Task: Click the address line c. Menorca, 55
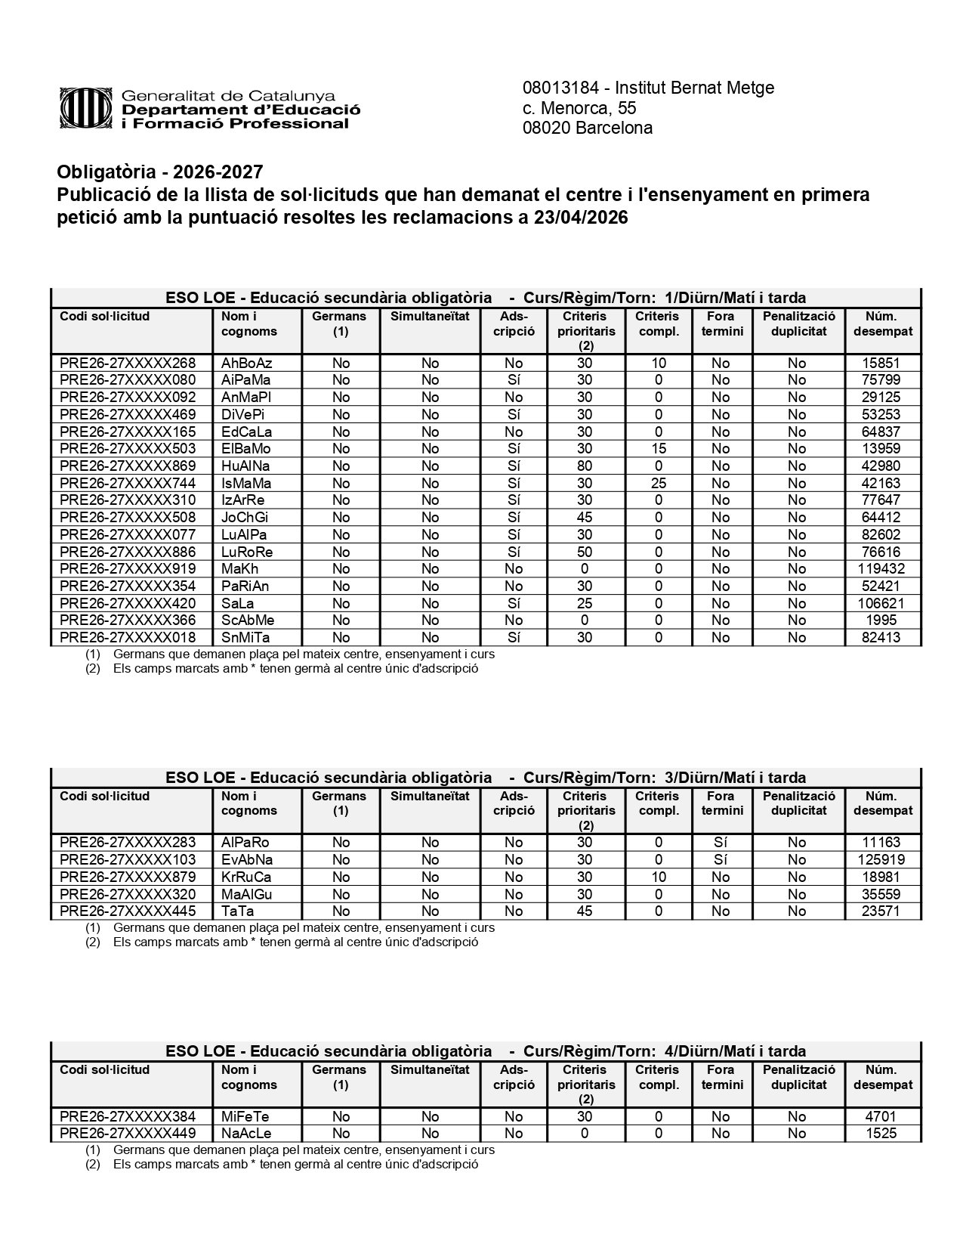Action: (x=579, y=108)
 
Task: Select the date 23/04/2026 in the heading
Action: (x=582, y=218)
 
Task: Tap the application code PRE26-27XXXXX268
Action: (x=128, y=363)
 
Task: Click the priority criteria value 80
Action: (x=585, y=466)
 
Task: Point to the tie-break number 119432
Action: (x=881, y=568)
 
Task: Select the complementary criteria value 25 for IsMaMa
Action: (x=658, y=483)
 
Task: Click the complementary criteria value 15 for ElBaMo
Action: (x=658, y=449)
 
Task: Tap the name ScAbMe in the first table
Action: (x=248, y=620)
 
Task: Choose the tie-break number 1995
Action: (x=881, y=620)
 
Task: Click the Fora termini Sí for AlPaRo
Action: (x=721, y=842)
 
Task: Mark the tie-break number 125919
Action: (x=881, y=859)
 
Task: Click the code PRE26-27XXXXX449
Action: (x=128, y=1133)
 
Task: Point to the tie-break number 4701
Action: (x=881, y=1116)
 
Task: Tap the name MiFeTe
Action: (x=245, y=1116)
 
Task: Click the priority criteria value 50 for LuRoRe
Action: (x=585, y=552)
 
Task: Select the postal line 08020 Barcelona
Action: (x=587, y=128)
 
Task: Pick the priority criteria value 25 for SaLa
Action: (x=585, y=603)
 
